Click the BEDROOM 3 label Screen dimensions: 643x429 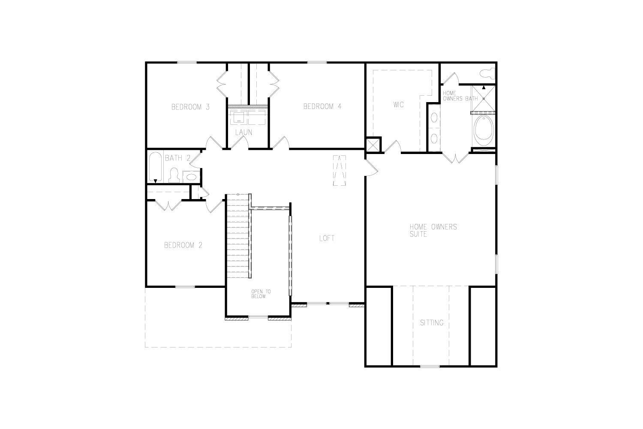[191, 107]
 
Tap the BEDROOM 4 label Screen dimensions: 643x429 [322, 106]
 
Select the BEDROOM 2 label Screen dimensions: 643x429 [183, 245]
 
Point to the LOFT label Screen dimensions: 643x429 [327, 238]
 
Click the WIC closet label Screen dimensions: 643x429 [398, 105]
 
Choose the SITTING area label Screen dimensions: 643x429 [432, 323]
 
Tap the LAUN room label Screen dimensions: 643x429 [244, 132]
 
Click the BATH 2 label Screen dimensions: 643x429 [178, 158]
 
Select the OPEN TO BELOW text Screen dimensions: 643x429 [261, 294]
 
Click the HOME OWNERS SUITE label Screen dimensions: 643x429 [433, 230]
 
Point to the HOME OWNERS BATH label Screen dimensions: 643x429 [460, 96]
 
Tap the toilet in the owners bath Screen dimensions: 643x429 [488, 73]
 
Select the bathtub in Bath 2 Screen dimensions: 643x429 [156, 167]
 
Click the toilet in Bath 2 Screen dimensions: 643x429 [174, 175]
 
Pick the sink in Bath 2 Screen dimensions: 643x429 [191, 177]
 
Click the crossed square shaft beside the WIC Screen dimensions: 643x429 [373, 145]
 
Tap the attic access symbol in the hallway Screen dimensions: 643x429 [340, 170]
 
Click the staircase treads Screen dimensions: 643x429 [238, 236]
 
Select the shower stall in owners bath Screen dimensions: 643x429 [484, 99]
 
